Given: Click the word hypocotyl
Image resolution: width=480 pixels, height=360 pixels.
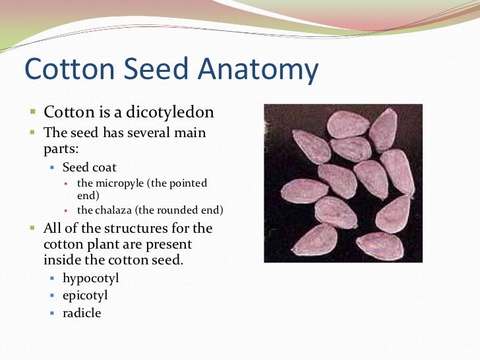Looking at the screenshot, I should pyautogui.click(x=91, y=278).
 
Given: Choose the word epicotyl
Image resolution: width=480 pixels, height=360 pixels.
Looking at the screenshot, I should pyautogui.click(x=85, y=295).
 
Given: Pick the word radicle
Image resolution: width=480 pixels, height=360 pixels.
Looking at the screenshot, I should pyautogui.click(x=82, y=313).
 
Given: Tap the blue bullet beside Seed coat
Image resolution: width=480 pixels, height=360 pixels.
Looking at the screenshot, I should pyautogui.click(x=52, y=168).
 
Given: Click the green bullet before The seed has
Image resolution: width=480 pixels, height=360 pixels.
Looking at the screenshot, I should pyautogui.click(x=32, y=132).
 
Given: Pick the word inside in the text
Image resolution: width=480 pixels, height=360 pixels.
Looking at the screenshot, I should pyautogui.click(x=61, y=260).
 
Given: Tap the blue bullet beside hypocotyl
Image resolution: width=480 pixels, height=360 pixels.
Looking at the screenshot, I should pyautogui.click(x=52, y=279).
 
